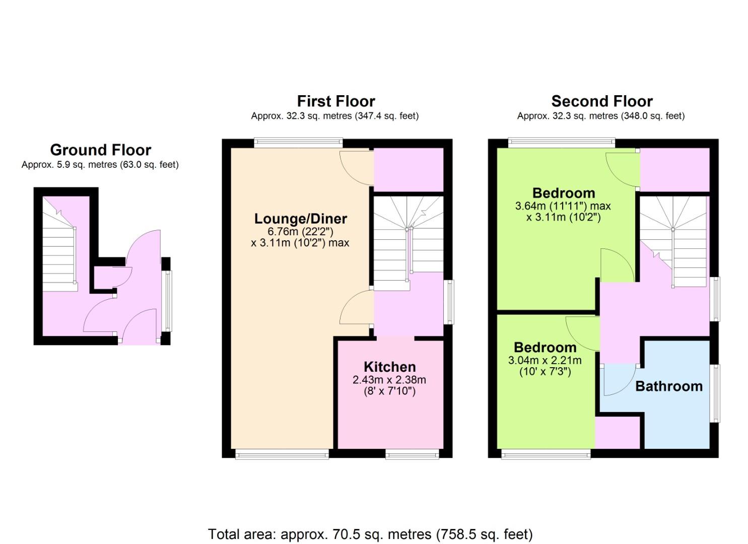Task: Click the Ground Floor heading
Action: point(101,150)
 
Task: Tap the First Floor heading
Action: point(336,101)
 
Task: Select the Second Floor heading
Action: point(602,101)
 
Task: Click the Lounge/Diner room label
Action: point(301,219)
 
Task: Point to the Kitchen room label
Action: point(390,367)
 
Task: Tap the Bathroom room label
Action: point(669,386)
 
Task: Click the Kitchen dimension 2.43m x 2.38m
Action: point(389,380)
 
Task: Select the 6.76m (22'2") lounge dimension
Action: point(301,231)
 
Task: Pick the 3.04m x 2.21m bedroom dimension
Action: point(545,361)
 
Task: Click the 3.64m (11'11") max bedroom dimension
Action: point(563,206)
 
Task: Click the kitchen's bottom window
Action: point(412,454)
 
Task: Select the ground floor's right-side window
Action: point(167,301)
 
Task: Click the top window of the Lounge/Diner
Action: point(298,143)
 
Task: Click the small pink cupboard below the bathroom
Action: point(618,433)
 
